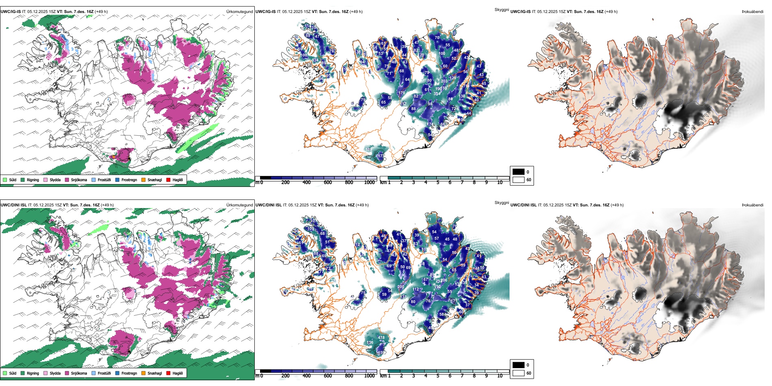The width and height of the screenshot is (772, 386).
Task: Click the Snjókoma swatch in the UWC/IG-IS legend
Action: point(67,180)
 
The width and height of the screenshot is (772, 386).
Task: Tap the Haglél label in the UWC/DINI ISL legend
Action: point(178,373)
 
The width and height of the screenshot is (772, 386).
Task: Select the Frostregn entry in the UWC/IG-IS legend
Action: point(129,180)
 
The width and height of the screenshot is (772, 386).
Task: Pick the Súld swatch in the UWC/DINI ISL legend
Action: point(5,373)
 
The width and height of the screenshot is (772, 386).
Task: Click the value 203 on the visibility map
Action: point(444,81)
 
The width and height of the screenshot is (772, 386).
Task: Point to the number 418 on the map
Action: point(381,338)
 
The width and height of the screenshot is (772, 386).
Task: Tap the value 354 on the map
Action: point(437,94)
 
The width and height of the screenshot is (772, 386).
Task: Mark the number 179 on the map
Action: point(401,93)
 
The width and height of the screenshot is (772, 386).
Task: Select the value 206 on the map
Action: point(444,280)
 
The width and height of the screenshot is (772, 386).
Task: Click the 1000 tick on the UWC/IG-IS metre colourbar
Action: point(369,182)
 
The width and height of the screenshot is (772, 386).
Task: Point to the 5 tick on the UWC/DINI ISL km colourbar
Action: point(438,376)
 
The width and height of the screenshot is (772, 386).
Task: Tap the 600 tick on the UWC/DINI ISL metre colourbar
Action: point(328,376)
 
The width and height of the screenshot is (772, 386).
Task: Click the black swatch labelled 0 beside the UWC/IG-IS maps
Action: point(518,172)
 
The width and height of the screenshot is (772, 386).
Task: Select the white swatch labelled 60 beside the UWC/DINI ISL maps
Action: point(518,373)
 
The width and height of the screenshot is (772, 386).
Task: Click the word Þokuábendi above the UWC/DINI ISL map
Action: point(752,205)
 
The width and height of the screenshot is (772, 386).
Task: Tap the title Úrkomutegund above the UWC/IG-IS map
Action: point(240,12)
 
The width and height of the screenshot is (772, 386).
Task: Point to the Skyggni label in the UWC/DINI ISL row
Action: point(501,202)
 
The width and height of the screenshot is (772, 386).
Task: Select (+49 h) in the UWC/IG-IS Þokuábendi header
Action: point(611,12)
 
